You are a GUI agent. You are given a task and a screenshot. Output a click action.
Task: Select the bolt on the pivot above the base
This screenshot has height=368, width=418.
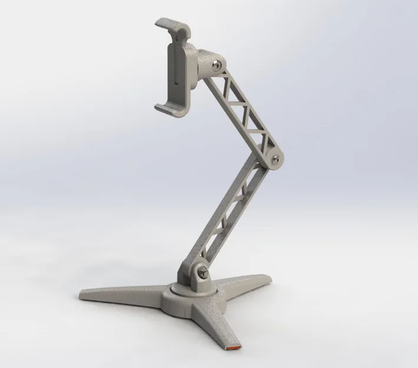click(203, 271)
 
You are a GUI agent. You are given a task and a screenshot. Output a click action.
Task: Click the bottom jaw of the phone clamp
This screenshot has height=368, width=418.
click(168, 107)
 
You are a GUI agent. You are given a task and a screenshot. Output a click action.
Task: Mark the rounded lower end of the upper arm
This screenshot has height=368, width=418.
click(272, 155)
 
